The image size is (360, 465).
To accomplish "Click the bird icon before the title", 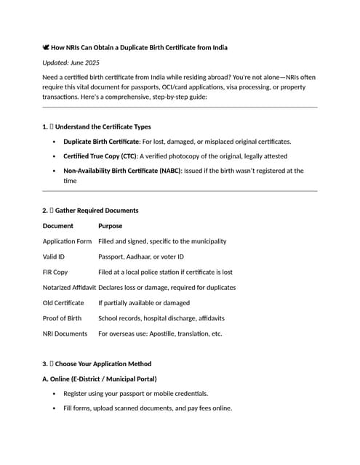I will [x=47, y=48].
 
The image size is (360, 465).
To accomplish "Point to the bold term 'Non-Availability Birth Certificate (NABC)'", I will [x=121, y=171].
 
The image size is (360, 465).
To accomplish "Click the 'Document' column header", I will [x=58, y=226].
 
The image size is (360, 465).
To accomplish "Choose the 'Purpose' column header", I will [x=110, y=226].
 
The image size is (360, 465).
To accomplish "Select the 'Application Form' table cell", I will [x=67, y=241].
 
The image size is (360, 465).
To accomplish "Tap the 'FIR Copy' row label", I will [x=55, y=272].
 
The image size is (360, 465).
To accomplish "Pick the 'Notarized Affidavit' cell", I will [x=69, y=287].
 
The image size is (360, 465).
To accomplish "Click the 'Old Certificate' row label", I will [x=63, y=303].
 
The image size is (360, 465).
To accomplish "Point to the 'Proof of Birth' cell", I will [x=63, y=318].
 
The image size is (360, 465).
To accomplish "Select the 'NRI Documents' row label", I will [x=65, y=333].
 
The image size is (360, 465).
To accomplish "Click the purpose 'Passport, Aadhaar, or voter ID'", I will [x=141, y=256].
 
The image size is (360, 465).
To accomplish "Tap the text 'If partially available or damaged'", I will [x=144, y=303].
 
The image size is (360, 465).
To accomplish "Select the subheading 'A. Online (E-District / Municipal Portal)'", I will [x=100, y=379].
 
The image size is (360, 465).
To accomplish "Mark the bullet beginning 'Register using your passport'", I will [x=135, y=393].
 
